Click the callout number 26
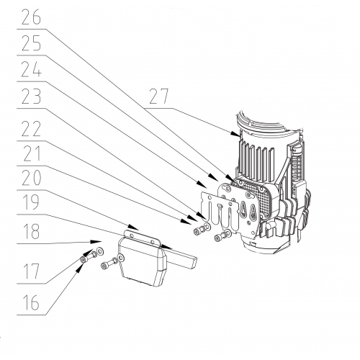[31, 17]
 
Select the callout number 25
[31, 43]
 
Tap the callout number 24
[31, 69]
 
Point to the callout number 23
[31, 96]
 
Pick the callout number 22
[31, 128]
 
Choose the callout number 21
[31, 153]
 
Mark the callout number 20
[31, 178]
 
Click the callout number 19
[31, 202]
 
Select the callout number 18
[31, 231]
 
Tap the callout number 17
[31, 271]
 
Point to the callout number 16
[31, 302]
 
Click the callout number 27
[159, 96]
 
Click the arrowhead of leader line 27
[236, 134]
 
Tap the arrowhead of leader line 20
[133, 227]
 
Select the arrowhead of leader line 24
[202, 184]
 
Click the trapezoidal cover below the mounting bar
[142, 261]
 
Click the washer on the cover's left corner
[121, 258]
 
